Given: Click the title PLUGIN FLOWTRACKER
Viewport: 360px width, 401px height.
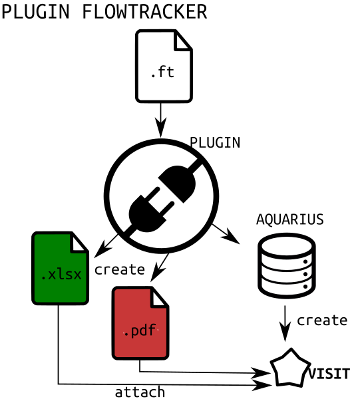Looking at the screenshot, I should tap(104, 12).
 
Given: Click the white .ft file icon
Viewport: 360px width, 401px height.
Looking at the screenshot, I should tap(163, 67).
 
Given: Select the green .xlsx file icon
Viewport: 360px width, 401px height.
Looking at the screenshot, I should tap(60, 269).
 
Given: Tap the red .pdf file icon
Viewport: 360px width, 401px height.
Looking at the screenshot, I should tap(140, 324).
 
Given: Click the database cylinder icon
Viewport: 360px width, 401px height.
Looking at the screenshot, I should tap(287, 265).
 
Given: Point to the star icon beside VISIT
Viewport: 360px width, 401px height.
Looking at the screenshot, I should tap(290, 369).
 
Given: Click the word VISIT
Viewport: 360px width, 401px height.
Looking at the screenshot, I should tap(329, 374).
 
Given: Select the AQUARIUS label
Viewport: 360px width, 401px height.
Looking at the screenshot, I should tap(289, 219).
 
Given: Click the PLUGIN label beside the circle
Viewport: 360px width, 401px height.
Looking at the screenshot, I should tap(214, 142).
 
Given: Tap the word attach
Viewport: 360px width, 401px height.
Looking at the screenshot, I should tap(140, 392).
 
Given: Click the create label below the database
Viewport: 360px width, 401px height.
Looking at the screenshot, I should tap(321, 321).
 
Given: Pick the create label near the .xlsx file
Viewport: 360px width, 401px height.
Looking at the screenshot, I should tap(120, 269).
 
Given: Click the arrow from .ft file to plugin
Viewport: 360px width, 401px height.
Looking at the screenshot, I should tap(160, 118).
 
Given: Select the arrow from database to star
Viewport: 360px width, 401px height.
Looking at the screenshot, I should tap(285, 322).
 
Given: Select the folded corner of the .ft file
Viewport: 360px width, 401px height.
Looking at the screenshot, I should tap(183, 41).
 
